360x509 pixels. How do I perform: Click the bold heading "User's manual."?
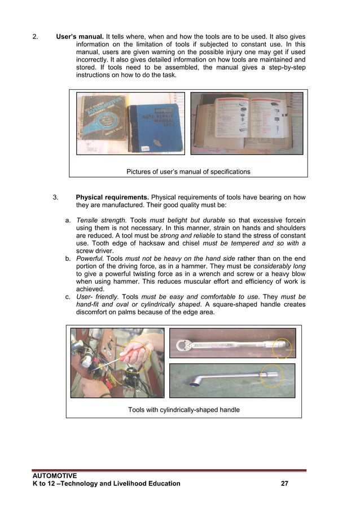click(80, 37)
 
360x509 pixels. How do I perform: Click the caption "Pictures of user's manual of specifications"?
click(188, 172)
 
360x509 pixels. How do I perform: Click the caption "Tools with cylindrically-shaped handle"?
click(183, 409)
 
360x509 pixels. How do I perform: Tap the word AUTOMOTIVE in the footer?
click(55, 476)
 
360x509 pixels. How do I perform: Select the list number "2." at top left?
click(36, 37)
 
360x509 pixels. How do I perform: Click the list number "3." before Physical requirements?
click(56, 198)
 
